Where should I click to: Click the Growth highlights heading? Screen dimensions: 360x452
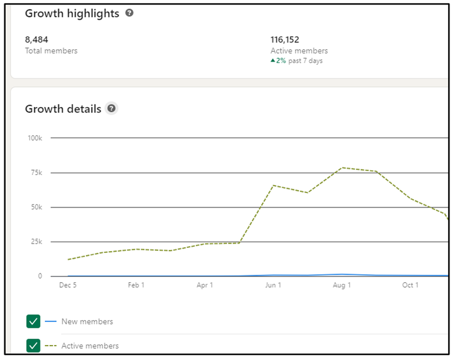72,13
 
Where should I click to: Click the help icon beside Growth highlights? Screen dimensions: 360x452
129,12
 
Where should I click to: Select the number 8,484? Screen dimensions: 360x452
36,39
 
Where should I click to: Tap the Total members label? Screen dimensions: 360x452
51,50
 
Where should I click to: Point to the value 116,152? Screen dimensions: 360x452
285,39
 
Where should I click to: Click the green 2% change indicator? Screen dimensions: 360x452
279,60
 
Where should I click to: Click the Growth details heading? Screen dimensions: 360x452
63,108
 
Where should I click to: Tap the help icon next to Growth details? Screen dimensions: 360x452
112,108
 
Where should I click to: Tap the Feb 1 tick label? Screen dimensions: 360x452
136,285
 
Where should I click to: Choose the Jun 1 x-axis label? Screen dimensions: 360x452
273,285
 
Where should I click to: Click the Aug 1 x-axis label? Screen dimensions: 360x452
342,285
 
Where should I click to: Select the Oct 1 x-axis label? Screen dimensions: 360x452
410,285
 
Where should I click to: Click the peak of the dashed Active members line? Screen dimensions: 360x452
342,168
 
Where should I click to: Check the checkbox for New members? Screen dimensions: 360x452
33,321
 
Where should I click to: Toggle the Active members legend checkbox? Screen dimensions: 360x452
33,345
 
